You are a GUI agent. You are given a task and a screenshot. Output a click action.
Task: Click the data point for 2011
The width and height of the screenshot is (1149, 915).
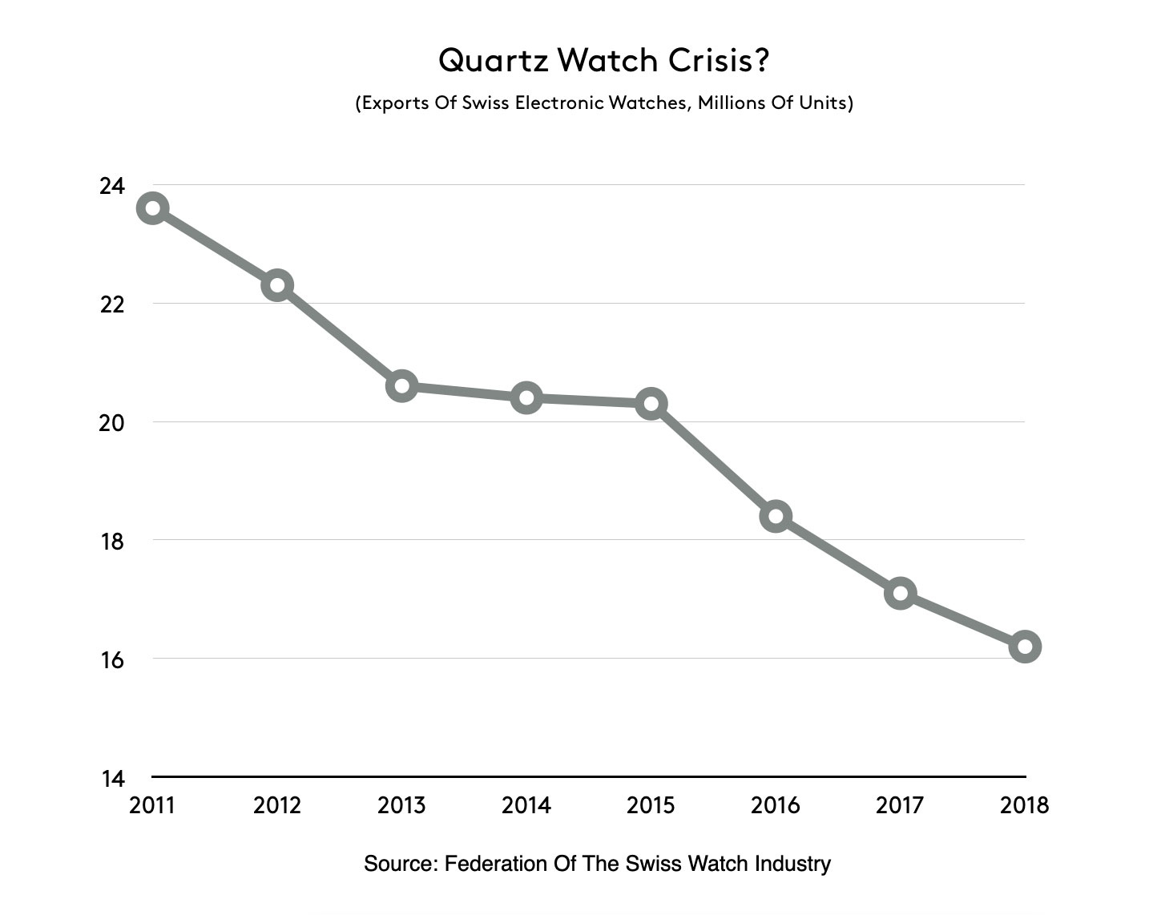[152, 208]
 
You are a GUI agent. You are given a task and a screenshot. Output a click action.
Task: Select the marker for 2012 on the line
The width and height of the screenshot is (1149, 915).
[277, 285]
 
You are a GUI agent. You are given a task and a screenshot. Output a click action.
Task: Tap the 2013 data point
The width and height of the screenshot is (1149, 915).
[401, 386]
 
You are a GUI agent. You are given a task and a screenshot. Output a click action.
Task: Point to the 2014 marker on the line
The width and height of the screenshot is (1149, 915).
[526, 397]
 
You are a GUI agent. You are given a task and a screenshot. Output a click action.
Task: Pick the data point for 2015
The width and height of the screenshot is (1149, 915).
[651, 403]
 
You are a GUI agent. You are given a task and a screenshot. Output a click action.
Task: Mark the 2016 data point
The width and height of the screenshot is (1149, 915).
[776, 516]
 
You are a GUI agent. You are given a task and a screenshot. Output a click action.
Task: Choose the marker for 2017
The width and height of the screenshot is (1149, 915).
[901, 593]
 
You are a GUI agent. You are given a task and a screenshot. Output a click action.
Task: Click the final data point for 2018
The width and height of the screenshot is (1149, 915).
[1025, 647]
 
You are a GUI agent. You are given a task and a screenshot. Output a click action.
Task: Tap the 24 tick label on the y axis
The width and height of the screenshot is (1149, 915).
[112, 186]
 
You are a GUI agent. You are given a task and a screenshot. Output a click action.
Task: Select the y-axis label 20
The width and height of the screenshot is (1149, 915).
[112, 422]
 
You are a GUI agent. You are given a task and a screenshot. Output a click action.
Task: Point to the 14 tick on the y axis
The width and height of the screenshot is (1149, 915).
[112, 778]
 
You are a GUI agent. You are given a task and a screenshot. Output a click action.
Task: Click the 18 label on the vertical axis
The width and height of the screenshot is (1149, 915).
[112, 541]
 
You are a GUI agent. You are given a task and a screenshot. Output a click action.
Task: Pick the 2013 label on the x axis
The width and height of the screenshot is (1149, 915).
[401, 805]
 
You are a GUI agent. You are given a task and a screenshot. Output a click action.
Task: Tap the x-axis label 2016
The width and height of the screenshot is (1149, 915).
[776, 805]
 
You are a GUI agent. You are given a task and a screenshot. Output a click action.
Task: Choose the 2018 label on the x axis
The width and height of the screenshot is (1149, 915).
[1025, 805]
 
